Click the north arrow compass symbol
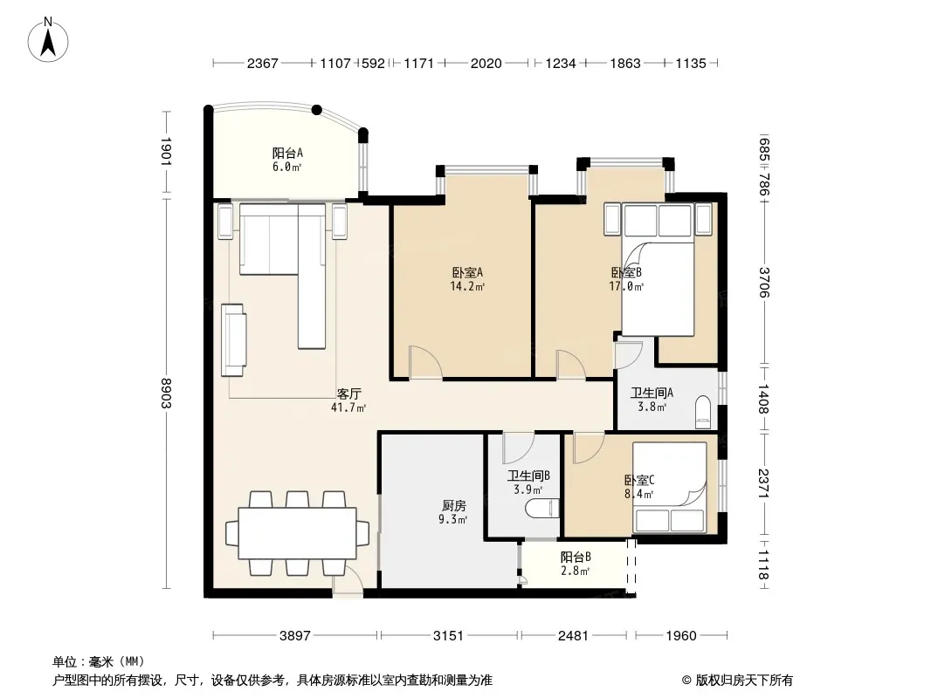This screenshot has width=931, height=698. coord(48,39)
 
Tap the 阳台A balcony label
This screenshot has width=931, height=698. coord(287,160)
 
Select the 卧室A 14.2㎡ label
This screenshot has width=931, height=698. coord(467,279)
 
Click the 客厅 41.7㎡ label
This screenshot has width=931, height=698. coord(348,400)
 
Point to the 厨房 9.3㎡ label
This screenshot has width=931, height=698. coord(453,512)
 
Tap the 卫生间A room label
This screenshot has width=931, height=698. coord(652,400)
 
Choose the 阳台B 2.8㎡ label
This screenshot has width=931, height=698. coord(576,564)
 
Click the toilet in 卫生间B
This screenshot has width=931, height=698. coord(542,509)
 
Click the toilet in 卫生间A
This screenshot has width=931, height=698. coord(703,412)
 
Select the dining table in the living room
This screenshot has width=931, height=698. coord(298,533)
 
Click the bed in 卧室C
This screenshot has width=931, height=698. coord(670,488)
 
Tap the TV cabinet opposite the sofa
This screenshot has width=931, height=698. coord(234,339)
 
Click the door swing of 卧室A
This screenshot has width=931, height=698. coord(425,362)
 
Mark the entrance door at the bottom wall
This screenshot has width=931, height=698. coord(348,580)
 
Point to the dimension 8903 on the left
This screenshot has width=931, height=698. coord(166,393)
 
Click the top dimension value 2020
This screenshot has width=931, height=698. coord(486,64)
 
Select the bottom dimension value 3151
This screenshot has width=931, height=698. coord(448,636)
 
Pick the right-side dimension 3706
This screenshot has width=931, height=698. coord(764,283)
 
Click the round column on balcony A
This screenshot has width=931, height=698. coord(317,110)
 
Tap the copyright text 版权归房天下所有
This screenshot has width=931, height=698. coord(744,681)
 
